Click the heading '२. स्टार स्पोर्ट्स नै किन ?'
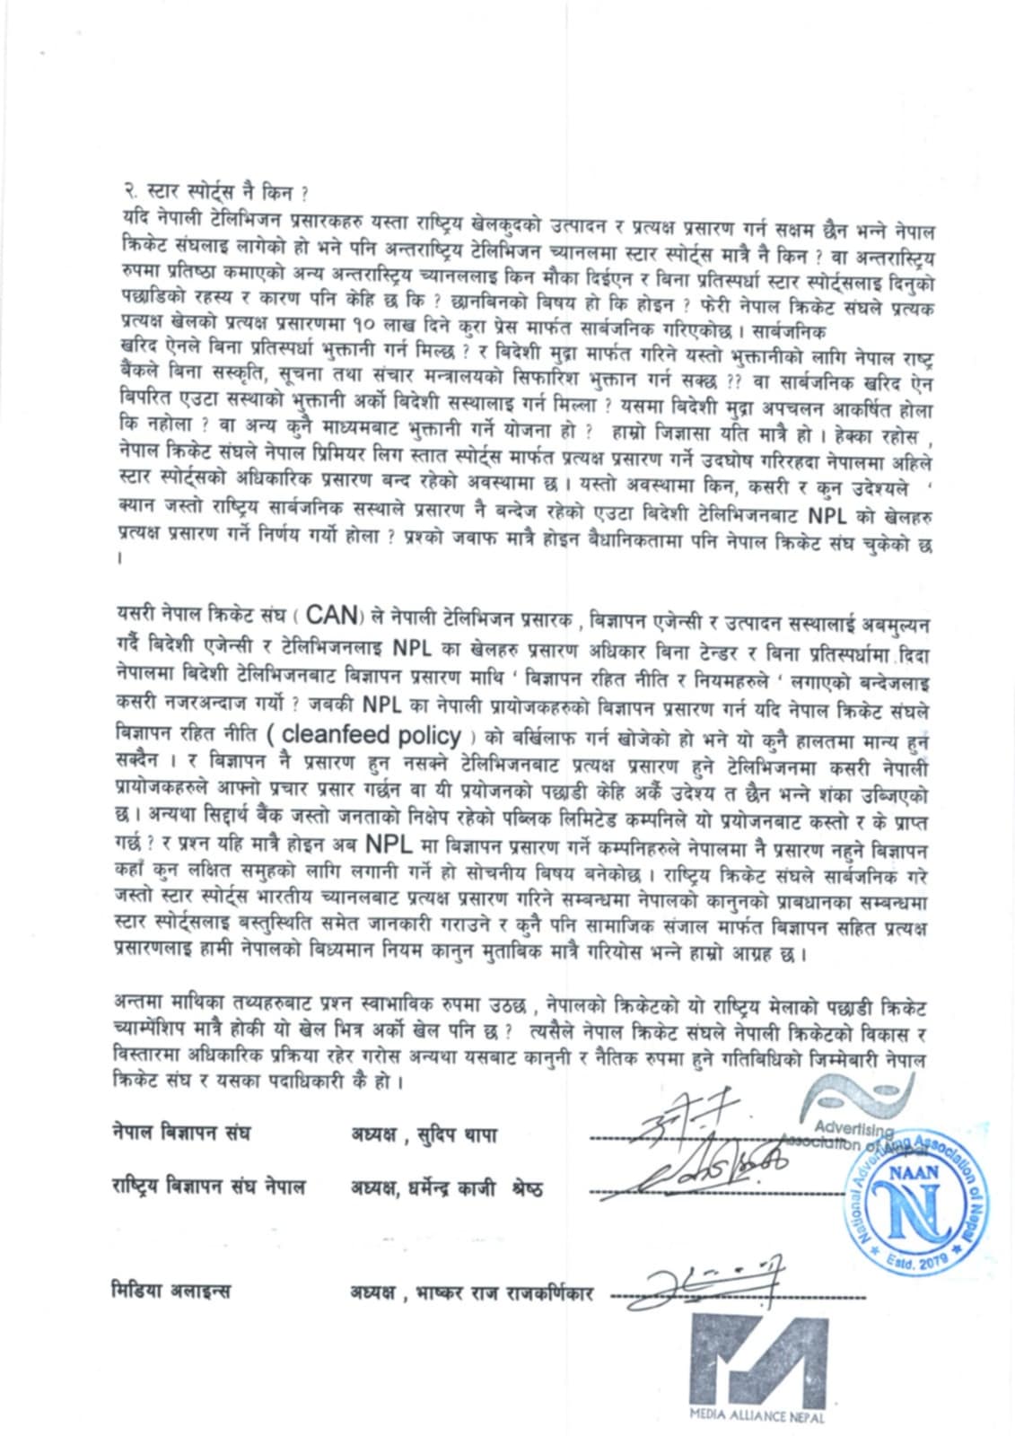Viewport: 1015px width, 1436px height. pyautogui.click(x=214, y=192)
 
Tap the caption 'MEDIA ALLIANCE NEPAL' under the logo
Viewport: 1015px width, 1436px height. pyautogui.click(x=757, y=1415)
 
